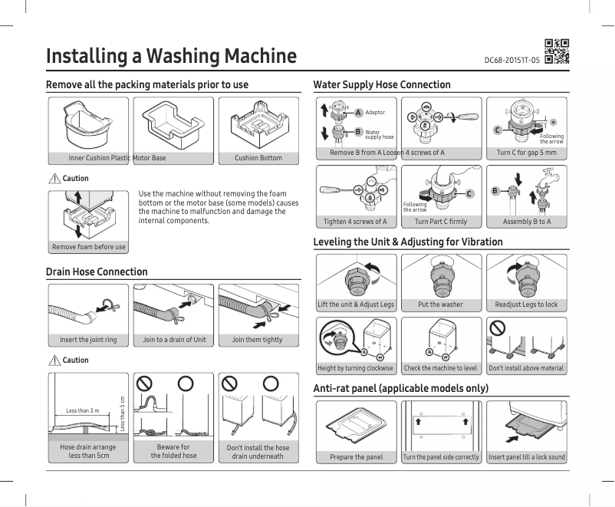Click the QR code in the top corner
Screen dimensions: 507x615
[557, 51]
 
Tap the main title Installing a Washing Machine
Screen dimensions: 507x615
[171, 56]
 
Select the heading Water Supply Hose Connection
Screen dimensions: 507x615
[382, 84]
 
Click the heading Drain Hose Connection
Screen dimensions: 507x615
[97, 272]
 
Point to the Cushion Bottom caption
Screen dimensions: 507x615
[258, 158]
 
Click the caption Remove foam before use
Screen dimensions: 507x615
[89, 247]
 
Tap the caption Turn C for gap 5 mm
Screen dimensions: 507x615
[526, 153]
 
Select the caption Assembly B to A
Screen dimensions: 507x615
[526, 222]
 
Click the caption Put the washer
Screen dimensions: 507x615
[440, 305]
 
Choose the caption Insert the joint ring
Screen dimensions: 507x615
[88, 340]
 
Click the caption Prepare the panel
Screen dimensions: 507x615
[357, 457]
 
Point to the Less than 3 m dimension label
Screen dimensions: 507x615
[83, 411]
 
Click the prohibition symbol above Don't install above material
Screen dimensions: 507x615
[498, 328]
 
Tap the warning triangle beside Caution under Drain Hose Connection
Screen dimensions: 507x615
[54, 360]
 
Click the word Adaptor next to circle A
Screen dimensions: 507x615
[375, 113]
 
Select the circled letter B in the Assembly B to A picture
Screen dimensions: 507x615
[495, 190]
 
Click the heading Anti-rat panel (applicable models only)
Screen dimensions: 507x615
[401, 389]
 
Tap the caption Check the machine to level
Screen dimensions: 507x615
[440, 368]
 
